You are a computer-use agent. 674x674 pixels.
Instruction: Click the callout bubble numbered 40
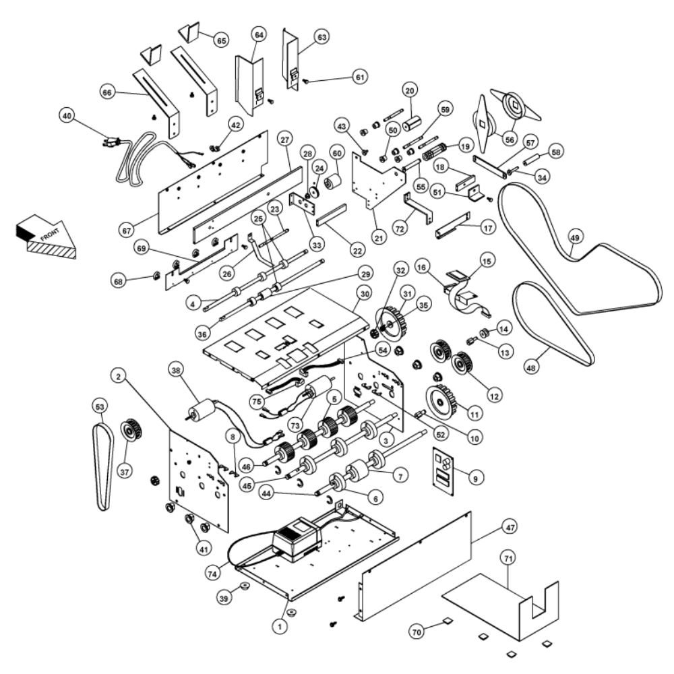tap(67, 115)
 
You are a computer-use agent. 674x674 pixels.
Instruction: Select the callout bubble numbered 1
tap(277, 626)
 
